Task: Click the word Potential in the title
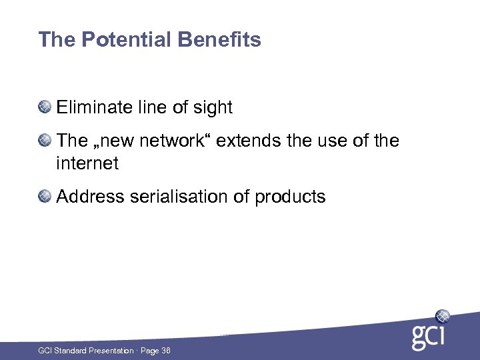point(127,40)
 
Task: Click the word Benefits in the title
point(219,40)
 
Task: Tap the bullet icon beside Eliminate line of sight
point(45,107)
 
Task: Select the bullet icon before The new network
point(45,141)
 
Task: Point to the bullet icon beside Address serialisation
point(45,197)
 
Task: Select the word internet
point(87,163)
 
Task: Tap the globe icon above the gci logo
point(442,316)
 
